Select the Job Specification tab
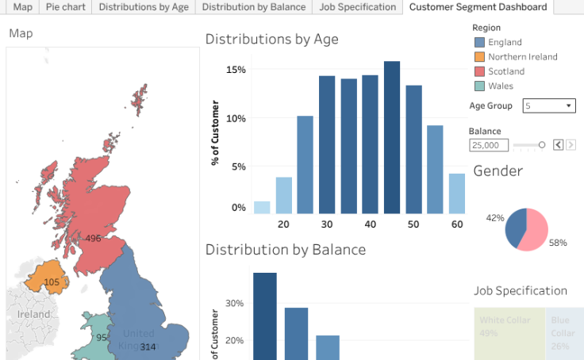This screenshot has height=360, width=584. click(357, 7)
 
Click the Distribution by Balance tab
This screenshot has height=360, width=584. click(253, 7)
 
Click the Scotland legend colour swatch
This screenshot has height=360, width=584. click(478, 71)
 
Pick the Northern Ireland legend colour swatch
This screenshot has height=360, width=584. click(478, 57)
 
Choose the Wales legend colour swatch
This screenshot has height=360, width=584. click(478, 86)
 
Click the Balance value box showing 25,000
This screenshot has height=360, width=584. click(489, 145)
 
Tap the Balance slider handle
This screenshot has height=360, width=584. click(542, 145)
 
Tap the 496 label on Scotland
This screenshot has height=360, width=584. click(93, 238)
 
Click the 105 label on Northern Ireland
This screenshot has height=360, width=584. click(52, 282)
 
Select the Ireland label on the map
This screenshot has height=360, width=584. click(34, 314)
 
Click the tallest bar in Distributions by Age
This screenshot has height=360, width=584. click(392, 137)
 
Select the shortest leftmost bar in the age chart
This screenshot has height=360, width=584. click(262, 208)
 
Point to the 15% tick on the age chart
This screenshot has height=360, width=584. click(236, 70)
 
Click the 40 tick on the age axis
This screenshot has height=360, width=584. click(370, 224)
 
